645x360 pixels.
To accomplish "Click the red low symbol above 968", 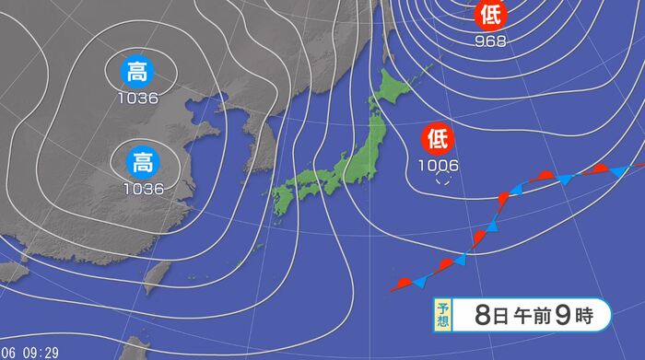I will click(489, 15).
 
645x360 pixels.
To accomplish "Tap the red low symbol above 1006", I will click(437, 140).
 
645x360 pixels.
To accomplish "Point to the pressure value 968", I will click(489, 41).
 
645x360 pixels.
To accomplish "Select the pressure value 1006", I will click(437, 166).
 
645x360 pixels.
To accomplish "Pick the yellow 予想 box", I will click(443, 315).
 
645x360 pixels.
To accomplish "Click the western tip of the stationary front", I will click(393, 289).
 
